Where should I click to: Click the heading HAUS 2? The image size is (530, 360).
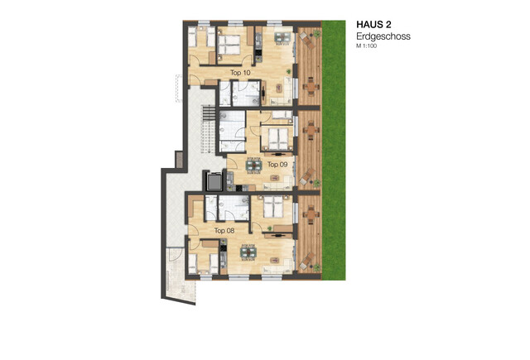point(373,25)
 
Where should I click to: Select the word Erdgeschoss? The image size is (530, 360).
point(383,36)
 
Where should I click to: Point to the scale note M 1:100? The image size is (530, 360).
point(366,46)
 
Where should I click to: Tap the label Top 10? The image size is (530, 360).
point(240,73)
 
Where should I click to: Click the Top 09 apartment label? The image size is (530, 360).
point(277,165)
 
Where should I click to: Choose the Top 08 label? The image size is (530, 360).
point(224,231)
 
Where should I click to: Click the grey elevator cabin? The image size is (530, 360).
point(214,182)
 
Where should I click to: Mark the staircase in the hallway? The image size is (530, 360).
point(208,129)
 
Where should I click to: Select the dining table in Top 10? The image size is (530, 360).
point(283,37)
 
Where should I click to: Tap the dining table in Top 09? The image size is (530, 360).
point(253,166)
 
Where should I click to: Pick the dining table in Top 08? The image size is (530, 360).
point(248,252)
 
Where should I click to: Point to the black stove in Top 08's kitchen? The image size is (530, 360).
point(223,248)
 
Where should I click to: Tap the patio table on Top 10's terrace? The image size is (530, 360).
point(311,86)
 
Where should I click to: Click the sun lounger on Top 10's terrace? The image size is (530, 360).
point(307,41)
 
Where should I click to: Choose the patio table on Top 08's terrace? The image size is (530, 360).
point(311,214)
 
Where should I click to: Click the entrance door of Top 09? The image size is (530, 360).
point(232,164)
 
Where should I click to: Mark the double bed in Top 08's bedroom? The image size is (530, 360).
point(273,207)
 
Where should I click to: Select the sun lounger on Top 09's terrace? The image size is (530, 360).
point(307,176)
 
